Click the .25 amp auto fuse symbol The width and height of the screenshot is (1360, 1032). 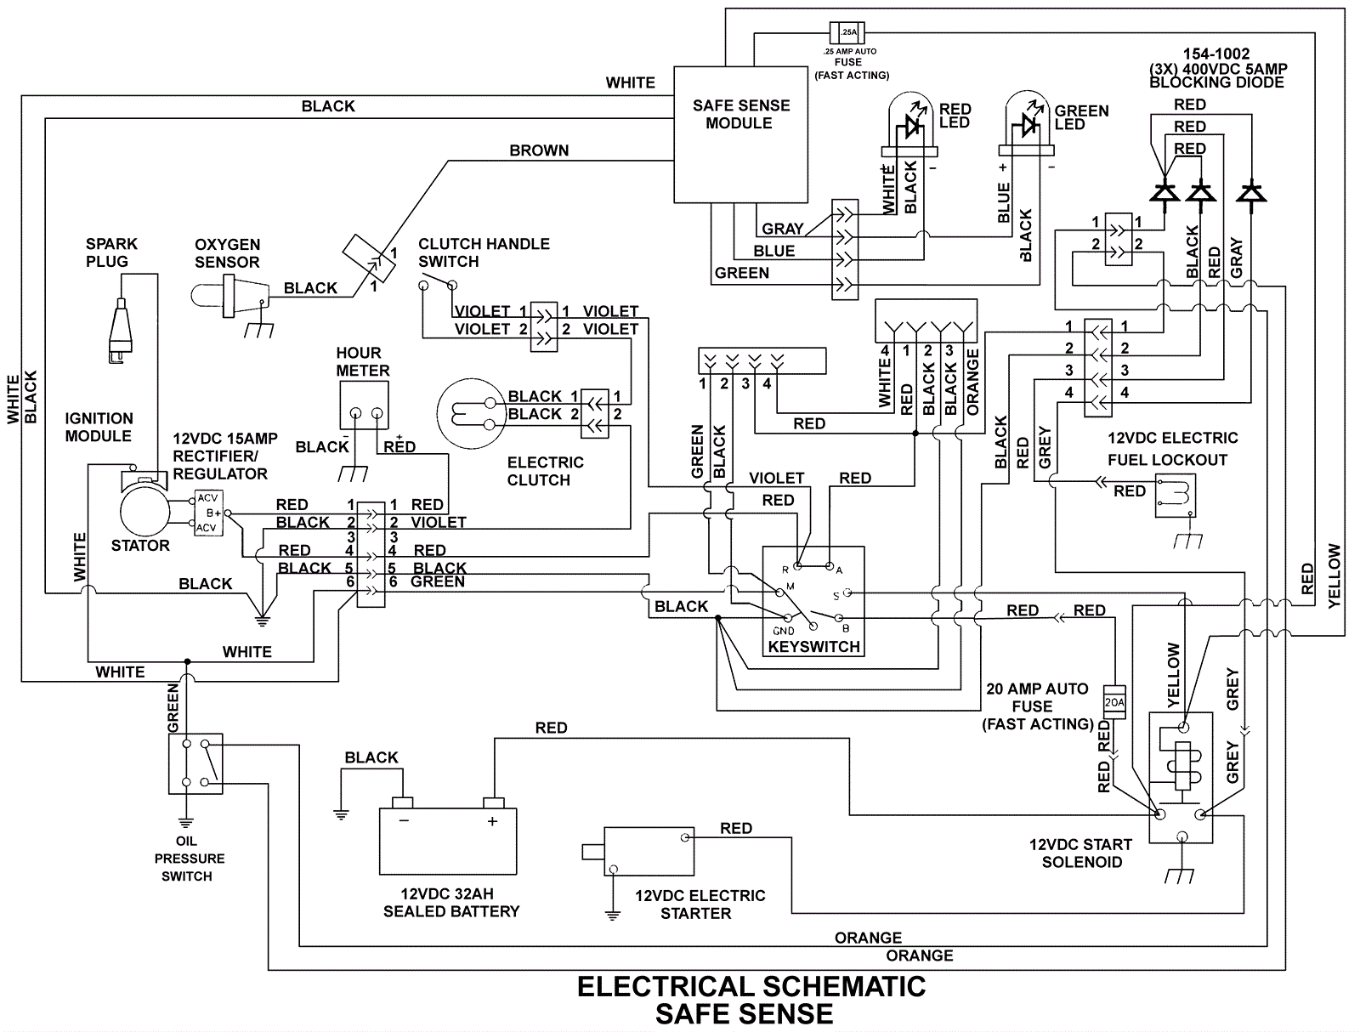coord(847,34)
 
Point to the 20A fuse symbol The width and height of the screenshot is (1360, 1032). coord(1113,702)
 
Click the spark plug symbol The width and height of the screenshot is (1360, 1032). coord(122,327)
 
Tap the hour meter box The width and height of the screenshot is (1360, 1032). coord(364,405)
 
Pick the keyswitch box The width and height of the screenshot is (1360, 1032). coord(813,600)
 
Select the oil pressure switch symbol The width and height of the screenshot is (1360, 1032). coord(195,763)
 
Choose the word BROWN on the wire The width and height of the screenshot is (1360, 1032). coord(539,150)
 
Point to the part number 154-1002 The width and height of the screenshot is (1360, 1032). coord(1216,54)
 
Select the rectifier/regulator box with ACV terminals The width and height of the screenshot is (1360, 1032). coord(207,513)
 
